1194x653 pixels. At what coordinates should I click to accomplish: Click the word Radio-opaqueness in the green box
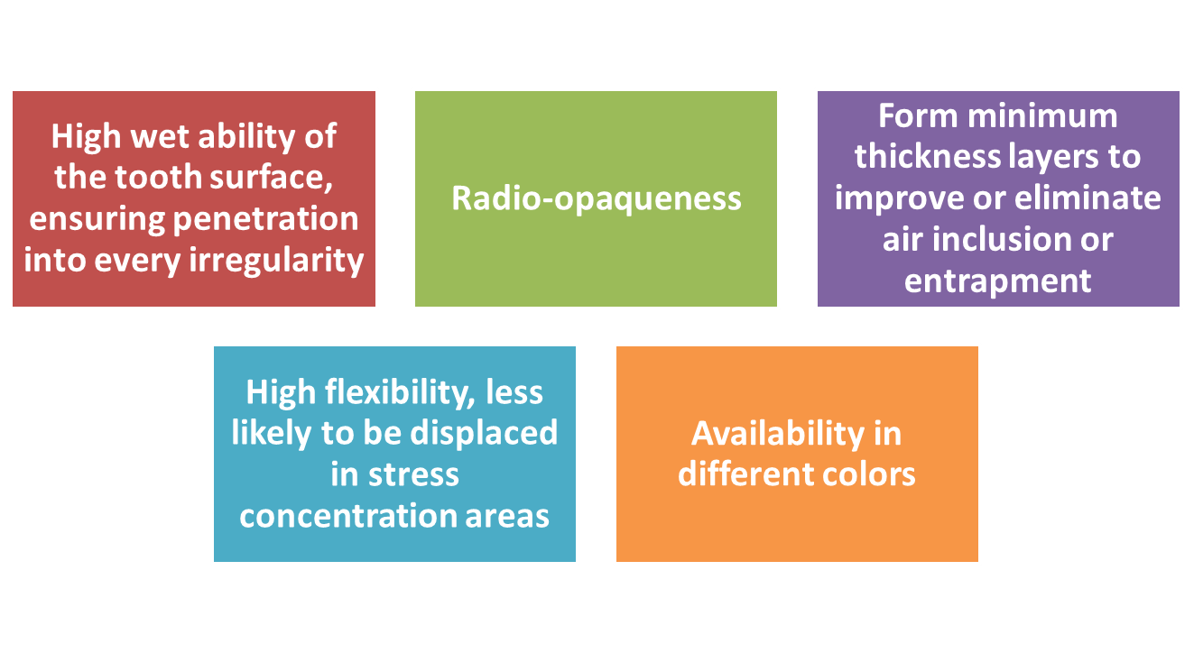(596, 199)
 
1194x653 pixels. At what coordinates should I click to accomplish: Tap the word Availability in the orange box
(778, 435)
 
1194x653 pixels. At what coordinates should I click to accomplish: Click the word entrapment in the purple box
(998, 281)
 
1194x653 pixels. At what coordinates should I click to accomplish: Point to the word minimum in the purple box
(1042, 116)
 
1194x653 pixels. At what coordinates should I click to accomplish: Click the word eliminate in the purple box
(1088, 198)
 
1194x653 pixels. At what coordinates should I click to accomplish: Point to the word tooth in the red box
(158, 178)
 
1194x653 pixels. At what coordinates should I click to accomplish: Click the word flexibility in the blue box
(400, 393)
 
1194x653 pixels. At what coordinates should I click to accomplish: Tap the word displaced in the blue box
(484, 433)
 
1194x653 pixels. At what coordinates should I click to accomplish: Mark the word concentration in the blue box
(348, 517)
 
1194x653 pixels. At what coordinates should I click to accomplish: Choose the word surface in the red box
(271, 178)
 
